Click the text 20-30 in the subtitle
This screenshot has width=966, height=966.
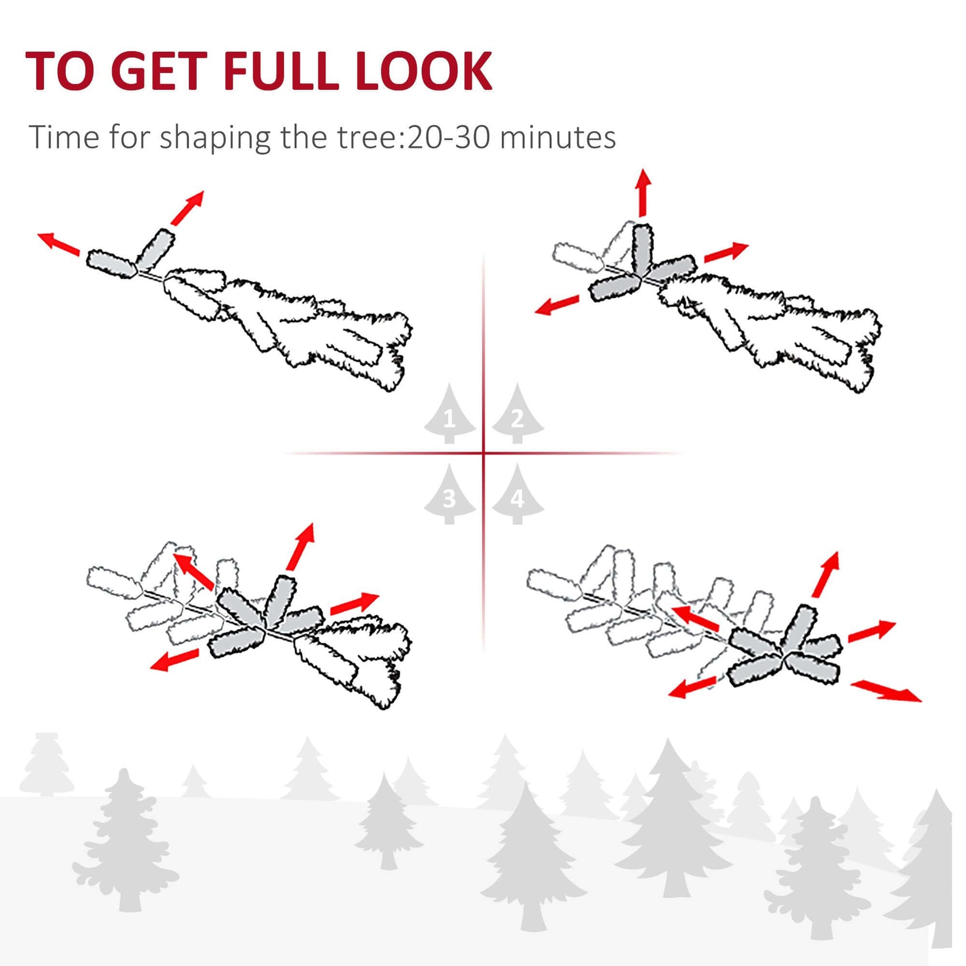[449, 138]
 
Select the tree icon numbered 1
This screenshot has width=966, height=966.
[450, 414]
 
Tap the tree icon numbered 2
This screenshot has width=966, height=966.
[517, 414]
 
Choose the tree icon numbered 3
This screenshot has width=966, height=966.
[450, 494]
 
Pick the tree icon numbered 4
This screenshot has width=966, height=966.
[517, 494]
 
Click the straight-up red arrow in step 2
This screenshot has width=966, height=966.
[643, 193]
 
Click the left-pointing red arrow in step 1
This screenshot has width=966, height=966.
[59, 243]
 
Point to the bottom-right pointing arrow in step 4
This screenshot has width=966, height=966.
[886, 691]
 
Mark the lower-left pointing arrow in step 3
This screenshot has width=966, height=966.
[175, 660]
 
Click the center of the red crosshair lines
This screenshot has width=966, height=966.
[483, 454]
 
